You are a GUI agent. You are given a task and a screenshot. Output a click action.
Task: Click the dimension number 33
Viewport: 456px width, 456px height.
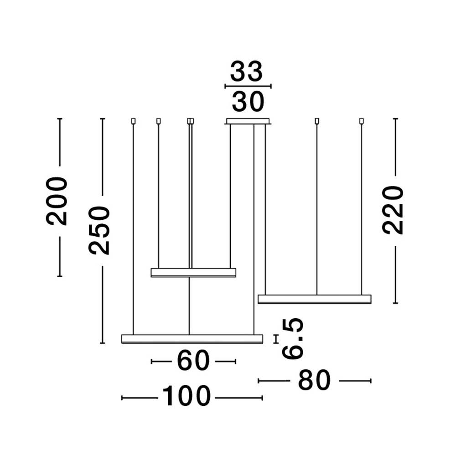click(247, 71)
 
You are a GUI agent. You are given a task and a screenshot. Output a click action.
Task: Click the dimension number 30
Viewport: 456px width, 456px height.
click(248, 102)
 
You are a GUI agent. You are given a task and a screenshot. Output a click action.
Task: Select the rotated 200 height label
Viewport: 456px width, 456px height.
click(57, 201)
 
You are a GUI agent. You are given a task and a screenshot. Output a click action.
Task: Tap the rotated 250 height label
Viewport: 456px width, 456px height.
click(99, 230)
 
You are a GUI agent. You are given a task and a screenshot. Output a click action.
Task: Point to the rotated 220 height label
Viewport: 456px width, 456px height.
click(393, 210)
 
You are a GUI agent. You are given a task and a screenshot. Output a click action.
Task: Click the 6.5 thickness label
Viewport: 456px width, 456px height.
click(293, 338)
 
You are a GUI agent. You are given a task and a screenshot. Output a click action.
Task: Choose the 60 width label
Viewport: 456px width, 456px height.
click(193, 361)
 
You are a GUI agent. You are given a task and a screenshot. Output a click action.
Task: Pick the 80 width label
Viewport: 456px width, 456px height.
click(314, 380)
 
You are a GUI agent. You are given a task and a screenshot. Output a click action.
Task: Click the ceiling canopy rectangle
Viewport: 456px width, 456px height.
click(248, 121)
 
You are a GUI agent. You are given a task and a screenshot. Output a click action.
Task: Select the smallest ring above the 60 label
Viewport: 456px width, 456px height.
click(193, 273)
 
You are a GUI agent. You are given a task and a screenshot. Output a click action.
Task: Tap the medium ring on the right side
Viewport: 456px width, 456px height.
click(315, 299)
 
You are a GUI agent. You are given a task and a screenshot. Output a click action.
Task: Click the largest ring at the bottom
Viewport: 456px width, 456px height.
click(192, 339)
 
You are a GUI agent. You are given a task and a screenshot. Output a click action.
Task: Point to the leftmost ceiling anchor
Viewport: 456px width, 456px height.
click(133, 121)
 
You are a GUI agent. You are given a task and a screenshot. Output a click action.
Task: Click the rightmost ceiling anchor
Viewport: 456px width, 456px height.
click(362, 121)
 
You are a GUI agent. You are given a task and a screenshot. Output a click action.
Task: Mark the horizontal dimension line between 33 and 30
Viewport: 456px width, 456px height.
click(248, 86)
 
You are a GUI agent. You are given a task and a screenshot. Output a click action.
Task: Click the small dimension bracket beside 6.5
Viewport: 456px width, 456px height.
click(276, 339)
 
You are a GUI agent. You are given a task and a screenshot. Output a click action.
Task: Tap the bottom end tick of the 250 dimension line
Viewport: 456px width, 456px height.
click(102, 343)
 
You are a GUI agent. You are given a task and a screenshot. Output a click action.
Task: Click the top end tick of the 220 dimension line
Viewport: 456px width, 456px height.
click(395, 119)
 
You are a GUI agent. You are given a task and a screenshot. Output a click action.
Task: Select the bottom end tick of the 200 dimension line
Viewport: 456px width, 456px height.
click(60, 276)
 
